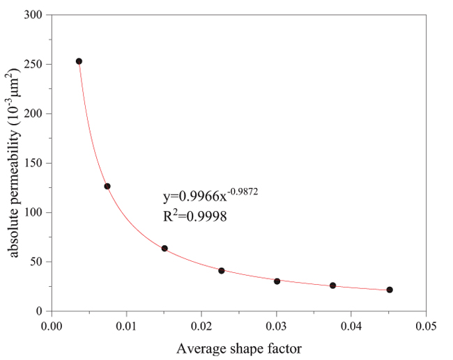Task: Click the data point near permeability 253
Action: click(79, 61)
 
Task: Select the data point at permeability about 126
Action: click(107, 186)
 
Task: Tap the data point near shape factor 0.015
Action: click(164, 249)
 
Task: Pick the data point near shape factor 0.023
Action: click(222, 270)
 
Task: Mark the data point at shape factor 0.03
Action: click(277, 281)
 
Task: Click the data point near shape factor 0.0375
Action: click(333, 285)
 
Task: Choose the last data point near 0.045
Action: click(390, 290)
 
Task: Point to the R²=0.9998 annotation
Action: click(193, 217)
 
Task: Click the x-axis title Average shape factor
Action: click(238, 346)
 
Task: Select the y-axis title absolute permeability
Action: click(16, 163)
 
